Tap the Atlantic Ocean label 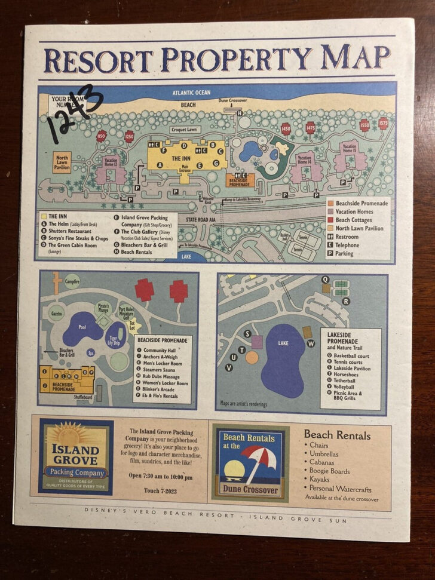coord(191,93)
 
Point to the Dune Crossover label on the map coord(232,101)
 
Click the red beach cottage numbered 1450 coord(286,128)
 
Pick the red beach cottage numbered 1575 coord(382,123)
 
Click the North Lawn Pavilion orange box coord(62,162)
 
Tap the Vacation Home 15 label coord(350,147)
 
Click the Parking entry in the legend coord(344,253)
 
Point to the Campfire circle coord(72,281)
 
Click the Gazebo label coord(57,313)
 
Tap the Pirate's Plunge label coord(104,307)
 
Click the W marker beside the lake coord(311,343)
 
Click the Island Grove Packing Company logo coord(75,456)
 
